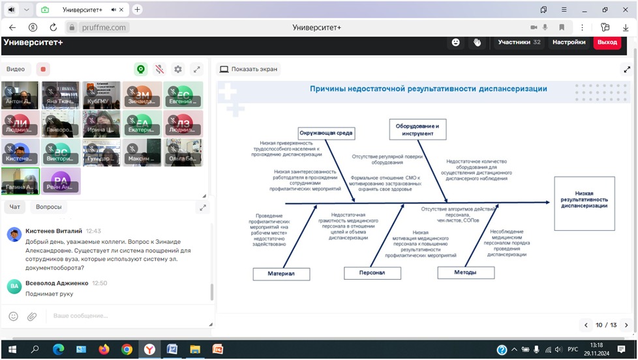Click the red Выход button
pos(607,42)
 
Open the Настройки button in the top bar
pos(569,42)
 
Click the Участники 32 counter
pos(519,42)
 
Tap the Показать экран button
pos(248,69)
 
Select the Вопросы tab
pos(49,207)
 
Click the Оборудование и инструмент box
pos(418,129)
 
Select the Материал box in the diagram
pos(281,274)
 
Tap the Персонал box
pos(372,273)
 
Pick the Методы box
pos(465,273)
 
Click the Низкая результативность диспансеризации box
pos(584,203)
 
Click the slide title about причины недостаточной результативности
pos(428,89)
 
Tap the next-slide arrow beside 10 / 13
pos(626,325)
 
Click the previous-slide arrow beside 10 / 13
pos(585,325)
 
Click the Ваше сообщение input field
pos(124,316)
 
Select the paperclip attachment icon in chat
pos(31,316)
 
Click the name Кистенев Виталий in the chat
pos(53,231)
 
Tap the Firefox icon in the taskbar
pos(104,350)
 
